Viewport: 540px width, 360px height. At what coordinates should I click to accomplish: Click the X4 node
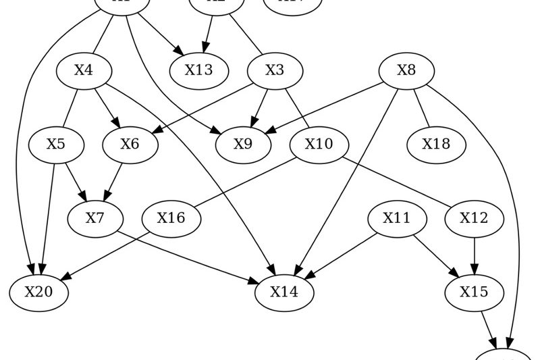84,70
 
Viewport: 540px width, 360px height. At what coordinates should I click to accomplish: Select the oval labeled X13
198,70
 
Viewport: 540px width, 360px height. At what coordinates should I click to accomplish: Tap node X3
274,70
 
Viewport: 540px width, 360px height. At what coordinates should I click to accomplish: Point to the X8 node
406,70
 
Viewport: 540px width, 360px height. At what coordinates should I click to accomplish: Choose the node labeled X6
130,144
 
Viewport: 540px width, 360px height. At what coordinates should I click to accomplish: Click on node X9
243,144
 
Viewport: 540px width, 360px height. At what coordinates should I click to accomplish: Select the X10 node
319,144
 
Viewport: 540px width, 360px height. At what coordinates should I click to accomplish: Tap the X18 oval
436,144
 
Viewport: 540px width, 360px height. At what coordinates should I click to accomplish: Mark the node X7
95,218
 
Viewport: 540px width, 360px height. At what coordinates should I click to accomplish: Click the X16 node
171,218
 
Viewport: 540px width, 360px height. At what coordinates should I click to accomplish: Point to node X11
397,218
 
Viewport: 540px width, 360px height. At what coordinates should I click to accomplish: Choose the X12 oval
474,218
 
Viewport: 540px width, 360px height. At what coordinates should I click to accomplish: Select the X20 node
38,292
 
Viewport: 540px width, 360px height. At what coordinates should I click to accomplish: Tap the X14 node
284,292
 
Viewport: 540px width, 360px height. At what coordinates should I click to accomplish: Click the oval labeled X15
474,292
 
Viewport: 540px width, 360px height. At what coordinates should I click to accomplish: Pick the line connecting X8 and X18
421,107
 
